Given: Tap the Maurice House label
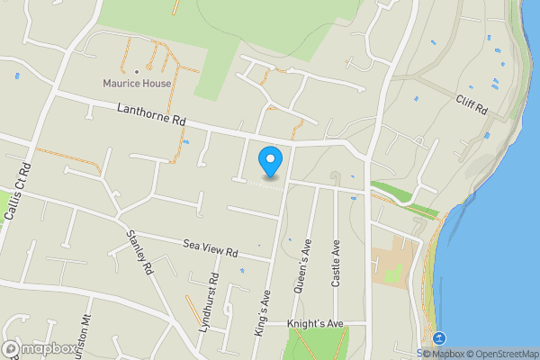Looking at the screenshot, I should [x=136, y=85].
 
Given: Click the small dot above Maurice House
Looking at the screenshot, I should [x=136, y=71].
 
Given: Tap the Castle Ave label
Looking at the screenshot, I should [x=335, y=263].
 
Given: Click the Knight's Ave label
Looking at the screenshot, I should [x=315, y=323].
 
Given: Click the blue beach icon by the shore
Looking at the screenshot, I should [x=438, y=338].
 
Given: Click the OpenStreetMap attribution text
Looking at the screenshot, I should [x=503, y=354].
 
